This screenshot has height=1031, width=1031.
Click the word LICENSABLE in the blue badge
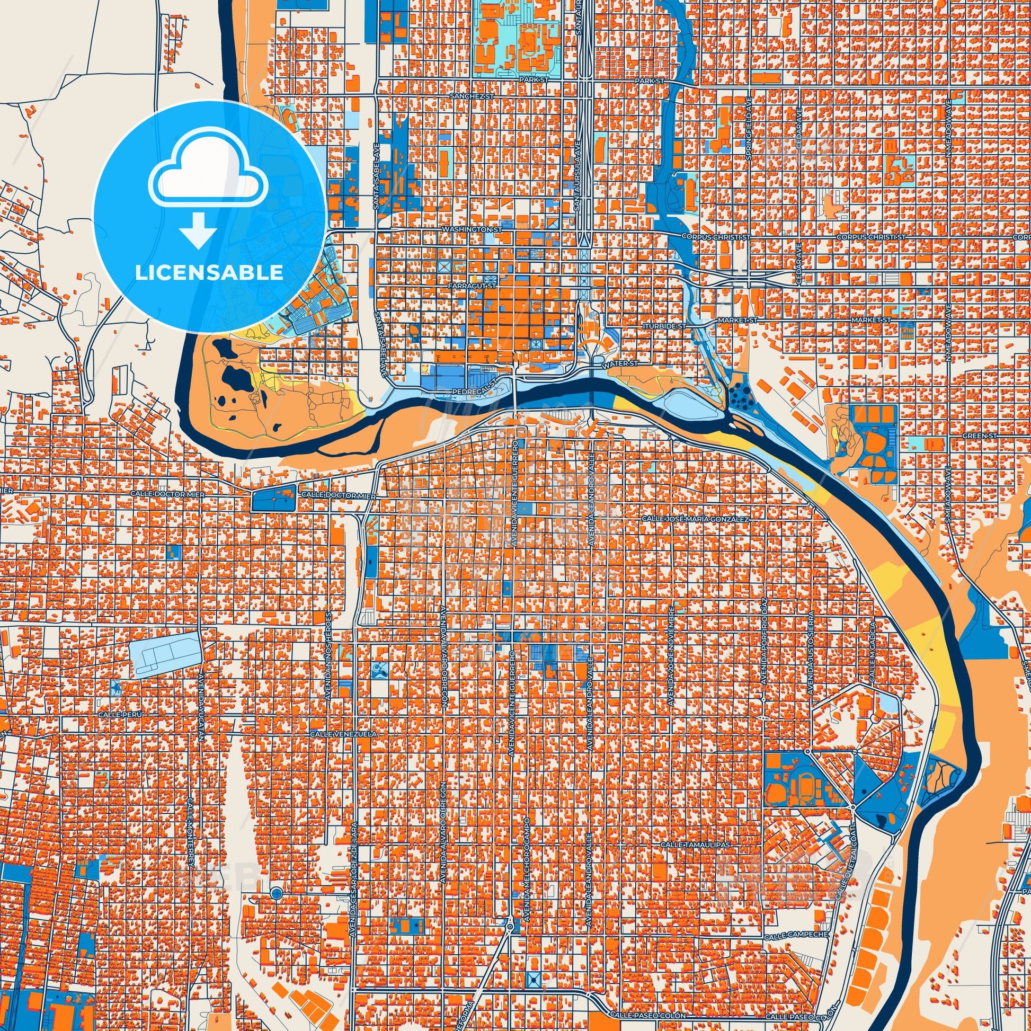click(x=209, y=273)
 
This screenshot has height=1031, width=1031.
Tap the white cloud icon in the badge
click(x=209, y=175)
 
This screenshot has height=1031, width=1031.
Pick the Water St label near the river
click(x=620, y=363)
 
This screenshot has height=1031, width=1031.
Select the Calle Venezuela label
click(x=343, y=734)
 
